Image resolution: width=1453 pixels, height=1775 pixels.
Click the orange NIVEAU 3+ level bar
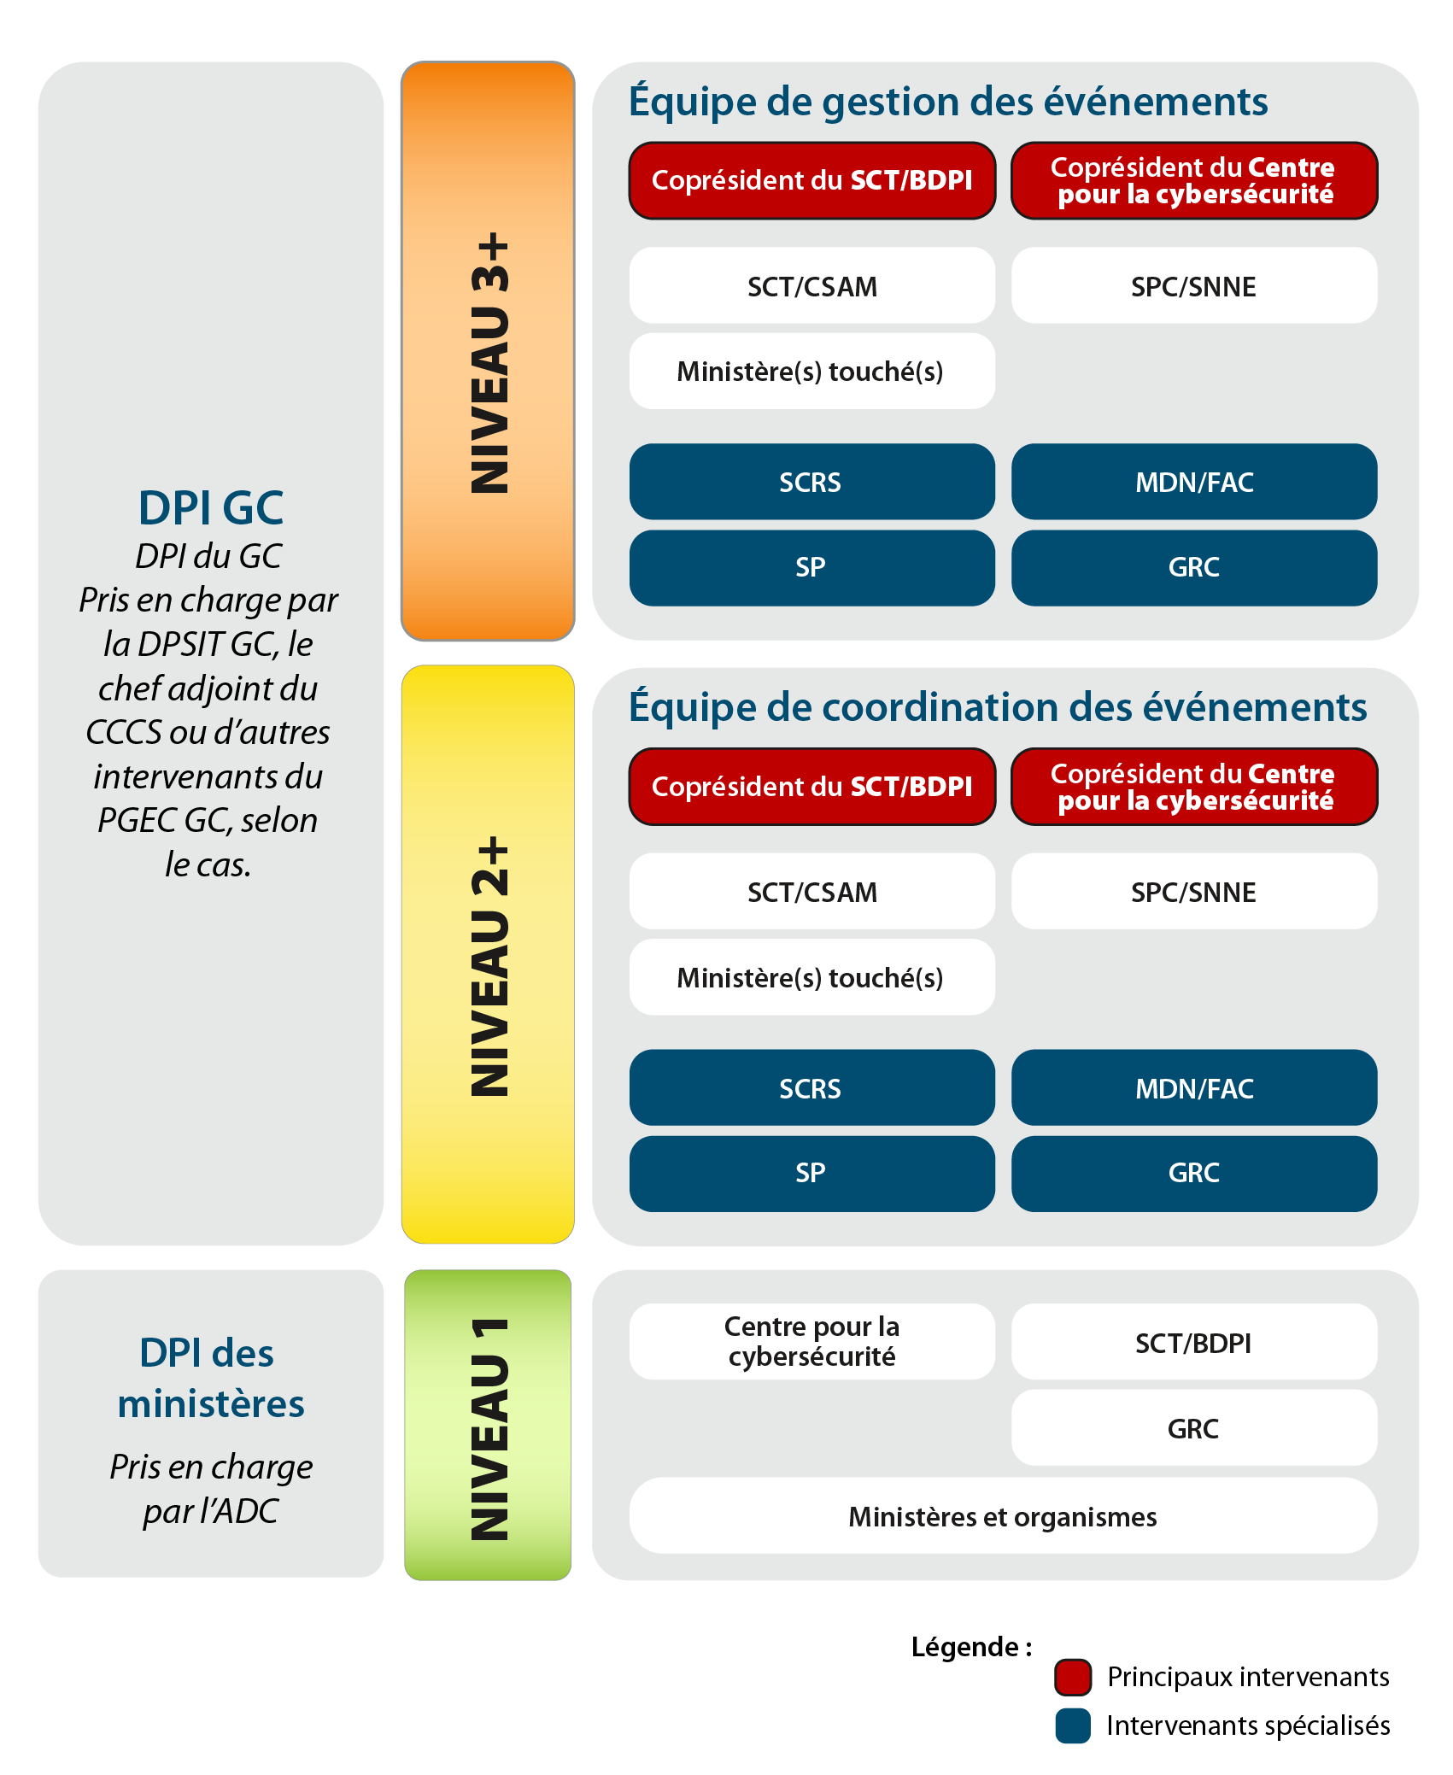pyautogui.click(x=488, y=350)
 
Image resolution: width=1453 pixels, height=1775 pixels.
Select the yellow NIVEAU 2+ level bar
pyautogui.click(x=488, y=954)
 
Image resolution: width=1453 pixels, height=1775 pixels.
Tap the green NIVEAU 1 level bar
pyautogui.click(x=488, y=1425)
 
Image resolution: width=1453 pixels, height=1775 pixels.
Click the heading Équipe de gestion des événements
pyautogui.click(x=948, y=102)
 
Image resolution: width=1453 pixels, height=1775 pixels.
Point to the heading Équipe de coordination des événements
pyautogui.click(x=998, y=707)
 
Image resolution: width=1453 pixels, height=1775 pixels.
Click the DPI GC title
pyautogui.click(x=211, y=508)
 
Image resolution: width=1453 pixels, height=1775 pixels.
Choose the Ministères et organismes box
pyautogui.click(x=1003, y=1516)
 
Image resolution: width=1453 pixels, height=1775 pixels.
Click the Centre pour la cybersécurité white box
pyautogui.click(x=811, y=1341)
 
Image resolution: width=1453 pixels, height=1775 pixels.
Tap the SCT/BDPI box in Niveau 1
pyautogui.click(x=1193, y=1343)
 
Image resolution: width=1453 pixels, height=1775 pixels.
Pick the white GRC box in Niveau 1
pyautogui.click(x=1193, y=1428)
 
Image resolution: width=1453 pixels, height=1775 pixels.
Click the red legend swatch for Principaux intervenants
pyautogui.click(x=1073, y=1676)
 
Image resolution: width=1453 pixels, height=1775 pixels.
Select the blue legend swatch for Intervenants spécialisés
pyautogui.click(x=1073, y=1725)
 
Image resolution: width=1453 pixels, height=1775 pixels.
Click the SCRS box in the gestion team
pyautogui.click(x=811, y=482)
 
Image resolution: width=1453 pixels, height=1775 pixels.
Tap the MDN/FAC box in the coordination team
pyautogui.click(x=1194, y=1088)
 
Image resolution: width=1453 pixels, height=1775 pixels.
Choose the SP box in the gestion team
pyautogui.click(x=811, y=567)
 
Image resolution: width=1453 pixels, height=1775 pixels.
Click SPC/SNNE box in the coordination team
pyautogui.click(x=1194, y=892)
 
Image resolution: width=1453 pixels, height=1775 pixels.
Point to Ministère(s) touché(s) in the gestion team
pyautogui.click(x=811, y=372)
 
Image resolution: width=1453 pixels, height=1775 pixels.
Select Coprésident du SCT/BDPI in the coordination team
pyautogui.click(x=811, y=786)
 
